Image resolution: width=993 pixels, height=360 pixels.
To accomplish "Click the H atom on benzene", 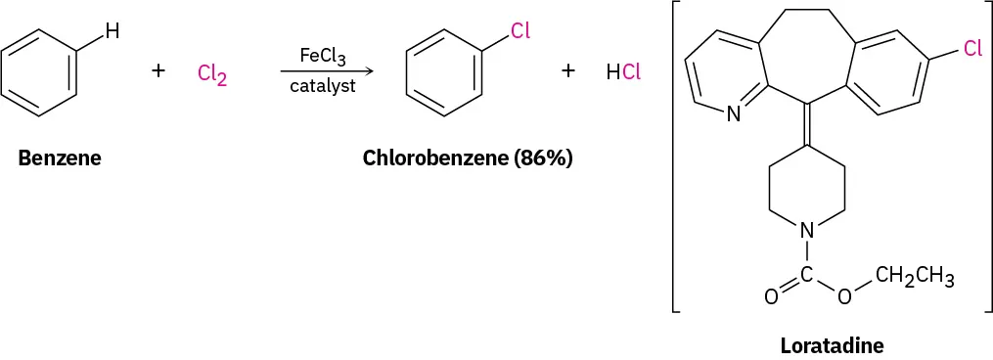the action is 113,31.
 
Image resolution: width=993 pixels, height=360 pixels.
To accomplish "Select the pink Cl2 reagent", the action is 211,75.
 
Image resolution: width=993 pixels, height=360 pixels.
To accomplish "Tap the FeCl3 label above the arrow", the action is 322,56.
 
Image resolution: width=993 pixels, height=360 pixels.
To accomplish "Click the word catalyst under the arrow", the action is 322,86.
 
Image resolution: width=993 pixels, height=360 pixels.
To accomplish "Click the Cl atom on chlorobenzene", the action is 519,31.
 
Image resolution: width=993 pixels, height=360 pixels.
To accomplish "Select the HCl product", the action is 623,71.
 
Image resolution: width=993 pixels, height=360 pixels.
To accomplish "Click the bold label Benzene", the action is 60,157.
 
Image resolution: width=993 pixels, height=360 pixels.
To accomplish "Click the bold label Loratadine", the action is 832,345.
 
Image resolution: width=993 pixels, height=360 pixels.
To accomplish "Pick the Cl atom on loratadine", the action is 971,49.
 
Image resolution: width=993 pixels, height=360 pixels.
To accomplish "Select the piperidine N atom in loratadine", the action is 807,231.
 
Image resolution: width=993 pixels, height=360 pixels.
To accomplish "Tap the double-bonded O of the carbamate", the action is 771,295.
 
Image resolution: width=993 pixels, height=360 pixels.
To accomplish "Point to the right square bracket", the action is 986,157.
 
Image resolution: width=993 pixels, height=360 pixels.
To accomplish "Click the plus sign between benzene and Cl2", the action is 158,71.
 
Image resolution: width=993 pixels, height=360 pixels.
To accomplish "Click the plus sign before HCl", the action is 568,71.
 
